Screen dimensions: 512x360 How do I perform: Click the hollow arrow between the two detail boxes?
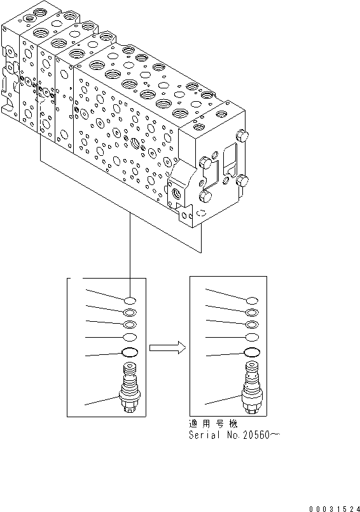(x=167, y=347)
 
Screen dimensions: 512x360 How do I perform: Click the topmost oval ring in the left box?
(x=130, y=300)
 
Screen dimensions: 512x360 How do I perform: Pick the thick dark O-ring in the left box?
(x=130, y=354)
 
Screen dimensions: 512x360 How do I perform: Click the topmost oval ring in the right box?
(x=252, y=300)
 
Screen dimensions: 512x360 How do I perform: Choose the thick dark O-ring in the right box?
(x=252, y=354)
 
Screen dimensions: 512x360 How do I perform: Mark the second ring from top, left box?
(x=130, y=312)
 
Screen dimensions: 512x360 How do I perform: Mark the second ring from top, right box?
(x=252, y=312)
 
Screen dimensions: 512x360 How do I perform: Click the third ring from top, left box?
(x=130, y=324)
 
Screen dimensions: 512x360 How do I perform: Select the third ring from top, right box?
(x=252, y=324)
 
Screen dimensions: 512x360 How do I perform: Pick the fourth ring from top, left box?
(x=130, y=337)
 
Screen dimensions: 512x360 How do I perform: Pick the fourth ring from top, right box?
(x=252, y=337)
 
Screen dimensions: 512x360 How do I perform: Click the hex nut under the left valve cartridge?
(x=130, y=410)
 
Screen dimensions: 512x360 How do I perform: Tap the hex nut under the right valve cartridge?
(x=252, y=410)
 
